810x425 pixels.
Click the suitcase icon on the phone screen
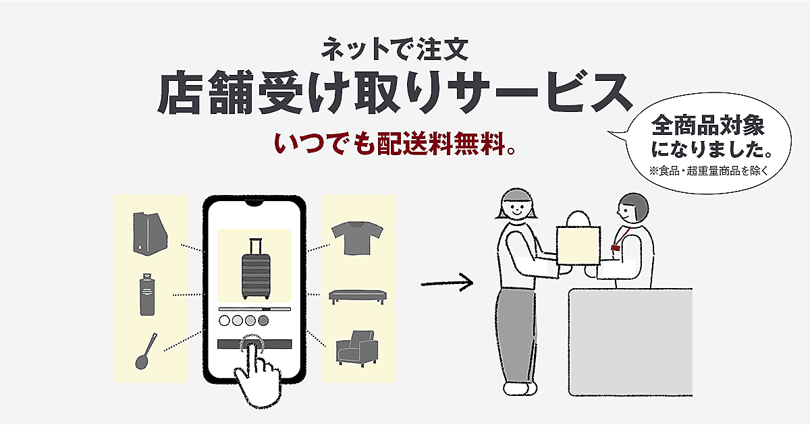click(254, 269)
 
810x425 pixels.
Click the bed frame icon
click(357, 296)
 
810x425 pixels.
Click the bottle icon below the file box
click(147, 295)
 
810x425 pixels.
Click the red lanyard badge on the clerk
click(616, 248)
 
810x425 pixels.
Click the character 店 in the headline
click(182, 94)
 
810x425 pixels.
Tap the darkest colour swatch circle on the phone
click(264, 320)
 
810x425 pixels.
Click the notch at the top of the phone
click(254, 203)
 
